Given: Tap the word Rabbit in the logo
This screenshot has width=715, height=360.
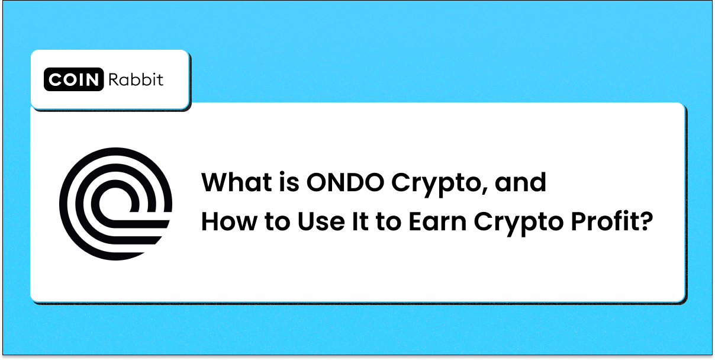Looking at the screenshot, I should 136,80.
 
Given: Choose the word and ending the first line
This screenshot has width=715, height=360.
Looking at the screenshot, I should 520,183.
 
